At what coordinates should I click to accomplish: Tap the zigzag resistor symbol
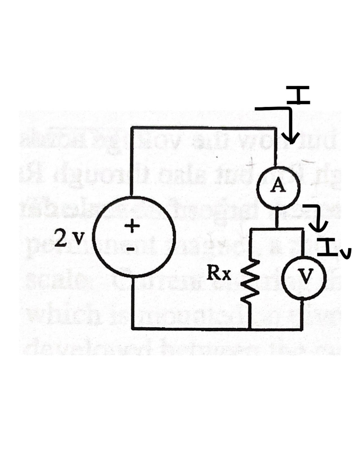point(250,281)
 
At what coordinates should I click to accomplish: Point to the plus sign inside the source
point(132,225)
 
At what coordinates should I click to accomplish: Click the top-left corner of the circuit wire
point(132,128)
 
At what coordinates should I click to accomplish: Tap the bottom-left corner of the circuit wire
point(132,328)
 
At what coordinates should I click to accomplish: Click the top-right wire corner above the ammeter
point(277,128)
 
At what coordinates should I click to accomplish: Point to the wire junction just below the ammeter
point(277,228)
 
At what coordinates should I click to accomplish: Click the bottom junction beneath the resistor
point(250,328)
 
